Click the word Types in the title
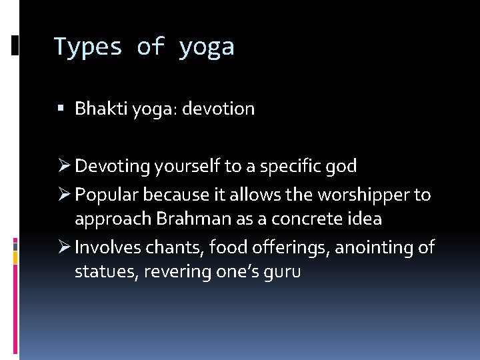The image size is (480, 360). (88, 47)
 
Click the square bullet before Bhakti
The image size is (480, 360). (61, 109)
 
